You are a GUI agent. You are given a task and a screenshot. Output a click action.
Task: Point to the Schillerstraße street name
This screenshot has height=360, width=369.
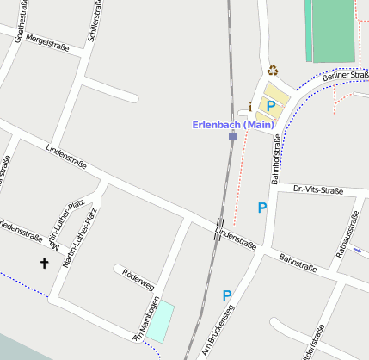coord(94,22)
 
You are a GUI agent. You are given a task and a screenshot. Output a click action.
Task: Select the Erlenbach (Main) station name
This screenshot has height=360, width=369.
coord(232,125)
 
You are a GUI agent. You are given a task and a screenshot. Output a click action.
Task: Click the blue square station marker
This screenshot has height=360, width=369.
coord(232,136)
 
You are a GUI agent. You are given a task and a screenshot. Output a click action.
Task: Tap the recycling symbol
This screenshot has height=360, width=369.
coord(273,71)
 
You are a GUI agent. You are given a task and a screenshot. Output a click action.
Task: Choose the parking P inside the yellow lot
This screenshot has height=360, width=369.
coord(270,106)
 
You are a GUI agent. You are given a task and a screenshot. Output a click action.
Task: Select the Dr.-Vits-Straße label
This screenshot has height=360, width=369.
coord(317,189)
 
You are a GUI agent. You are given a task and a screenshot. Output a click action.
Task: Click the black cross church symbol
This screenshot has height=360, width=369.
coord(45,262)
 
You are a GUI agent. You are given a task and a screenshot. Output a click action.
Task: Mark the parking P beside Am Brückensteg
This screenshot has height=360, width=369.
coord(227,295)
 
